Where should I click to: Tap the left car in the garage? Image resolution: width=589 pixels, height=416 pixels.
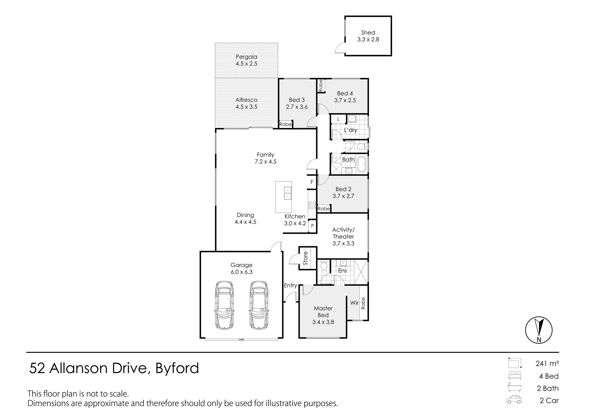(x=224, y=305)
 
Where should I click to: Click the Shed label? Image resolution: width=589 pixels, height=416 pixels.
(x=368, y=32)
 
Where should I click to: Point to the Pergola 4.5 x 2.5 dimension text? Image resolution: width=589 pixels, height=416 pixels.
(x=246, y=64)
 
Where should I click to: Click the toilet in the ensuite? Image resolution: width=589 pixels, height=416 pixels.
(x=324, y=266)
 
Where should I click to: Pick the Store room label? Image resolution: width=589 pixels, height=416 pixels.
(x=305, y=258)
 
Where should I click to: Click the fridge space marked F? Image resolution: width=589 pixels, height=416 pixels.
(x=312, y=182)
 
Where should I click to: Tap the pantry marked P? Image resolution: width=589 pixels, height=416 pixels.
(x=312, y=226)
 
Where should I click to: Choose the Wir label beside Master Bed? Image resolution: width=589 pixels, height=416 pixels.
(x=354, y=303)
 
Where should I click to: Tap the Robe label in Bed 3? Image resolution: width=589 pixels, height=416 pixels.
(x=285, y=124)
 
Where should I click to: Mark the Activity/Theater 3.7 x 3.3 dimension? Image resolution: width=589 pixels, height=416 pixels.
(x=343, y=243)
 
